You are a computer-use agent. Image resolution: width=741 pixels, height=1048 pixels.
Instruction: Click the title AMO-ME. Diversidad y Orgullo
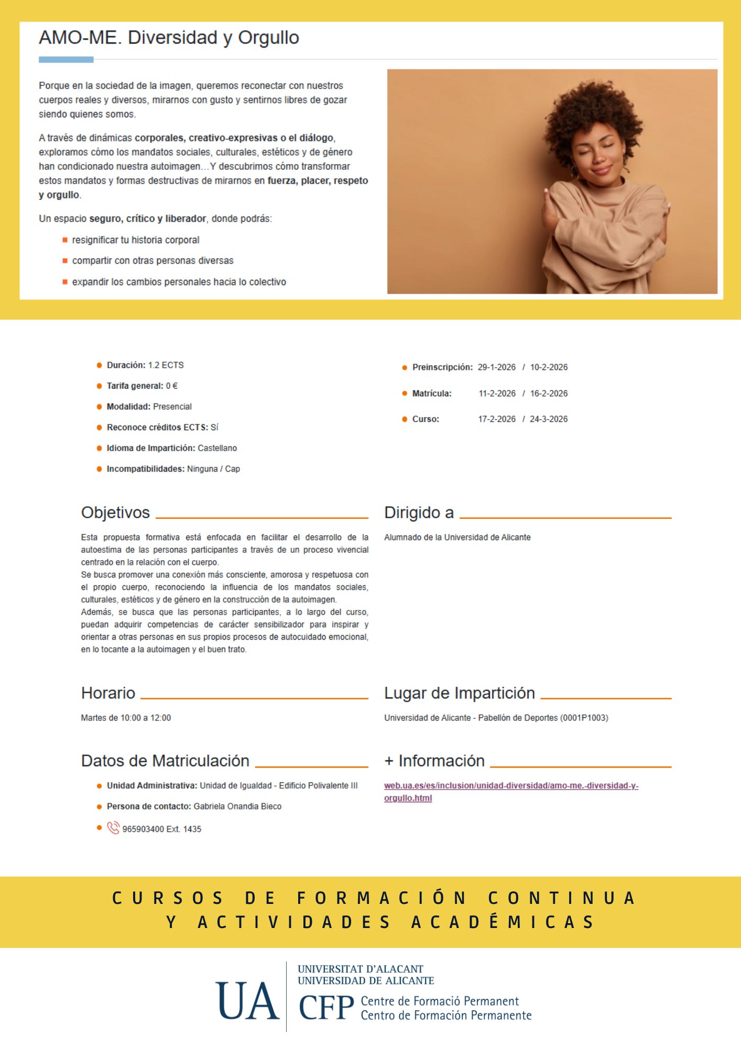169,38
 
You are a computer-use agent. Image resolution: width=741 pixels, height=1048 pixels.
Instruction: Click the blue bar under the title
66,60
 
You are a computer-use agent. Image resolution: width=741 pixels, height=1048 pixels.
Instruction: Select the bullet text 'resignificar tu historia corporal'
136,240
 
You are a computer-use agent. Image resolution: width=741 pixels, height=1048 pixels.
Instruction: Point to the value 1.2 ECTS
166,365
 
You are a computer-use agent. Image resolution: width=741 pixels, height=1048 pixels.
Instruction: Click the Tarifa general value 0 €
172,386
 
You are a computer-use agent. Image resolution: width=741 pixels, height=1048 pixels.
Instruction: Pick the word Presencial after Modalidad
172,407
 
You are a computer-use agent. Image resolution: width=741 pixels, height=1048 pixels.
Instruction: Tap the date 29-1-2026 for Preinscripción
496,367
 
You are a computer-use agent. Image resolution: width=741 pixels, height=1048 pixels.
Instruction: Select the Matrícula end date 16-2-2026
549,394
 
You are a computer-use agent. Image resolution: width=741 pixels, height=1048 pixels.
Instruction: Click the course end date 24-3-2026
549,419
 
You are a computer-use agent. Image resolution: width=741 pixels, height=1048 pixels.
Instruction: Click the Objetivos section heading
115,512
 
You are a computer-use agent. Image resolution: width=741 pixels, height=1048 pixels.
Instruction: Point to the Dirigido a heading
419,512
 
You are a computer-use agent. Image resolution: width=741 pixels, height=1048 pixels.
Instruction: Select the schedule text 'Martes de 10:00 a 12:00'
126,718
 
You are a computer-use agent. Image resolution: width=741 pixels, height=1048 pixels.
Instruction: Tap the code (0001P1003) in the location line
584,718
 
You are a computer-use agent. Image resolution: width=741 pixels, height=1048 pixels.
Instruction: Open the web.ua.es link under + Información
511,786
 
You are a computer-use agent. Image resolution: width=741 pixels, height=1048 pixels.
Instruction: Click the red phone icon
113,828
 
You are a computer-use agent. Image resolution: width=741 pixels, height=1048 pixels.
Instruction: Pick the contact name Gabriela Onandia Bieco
237,806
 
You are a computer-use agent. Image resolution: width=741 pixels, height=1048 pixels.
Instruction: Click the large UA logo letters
247,1001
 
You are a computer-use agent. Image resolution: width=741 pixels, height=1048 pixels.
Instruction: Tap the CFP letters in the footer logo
326,1007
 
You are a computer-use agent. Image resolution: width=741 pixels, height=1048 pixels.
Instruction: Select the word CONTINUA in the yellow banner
561,898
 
